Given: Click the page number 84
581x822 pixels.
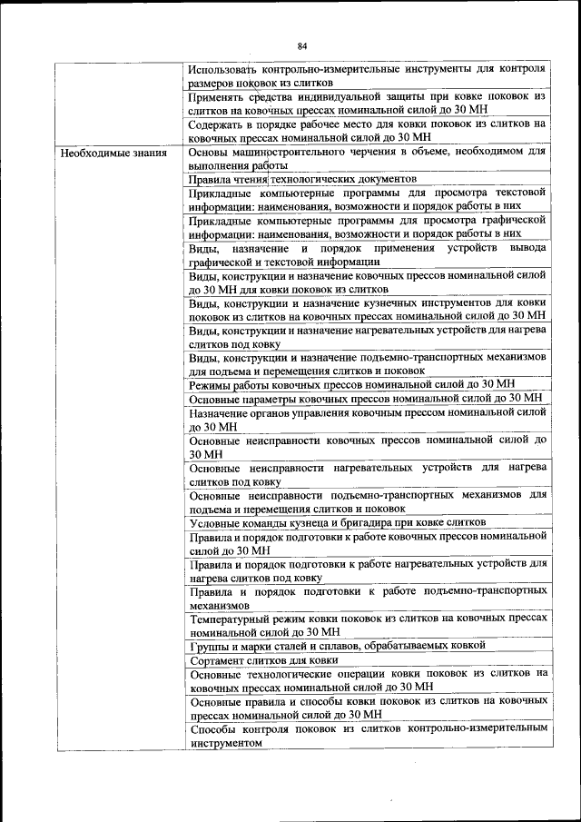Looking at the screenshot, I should tap(302, 45).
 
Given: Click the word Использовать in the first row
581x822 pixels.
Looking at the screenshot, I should tap(225, 68).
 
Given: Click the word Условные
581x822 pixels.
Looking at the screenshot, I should tap(219, 522).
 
